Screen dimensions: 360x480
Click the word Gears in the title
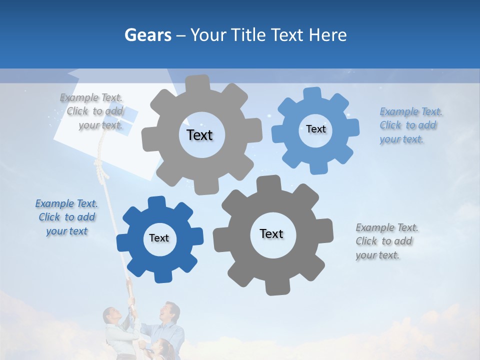147,35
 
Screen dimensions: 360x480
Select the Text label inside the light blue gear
315,129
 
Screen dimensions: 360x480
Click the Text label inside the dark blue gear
159,238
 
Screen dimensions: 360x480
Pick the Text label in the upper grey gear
199,135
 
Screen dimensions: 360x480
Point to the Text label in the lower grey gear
271,233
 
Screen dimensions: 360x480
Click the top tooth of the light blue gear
312,93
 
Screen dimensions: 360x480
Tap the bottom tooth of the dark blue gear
162,276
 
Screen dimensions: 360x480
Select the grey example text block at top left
92,111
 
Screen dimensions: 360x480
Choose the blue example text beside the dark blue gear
66,217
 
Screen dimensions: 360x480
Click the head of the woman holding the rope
111,316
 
